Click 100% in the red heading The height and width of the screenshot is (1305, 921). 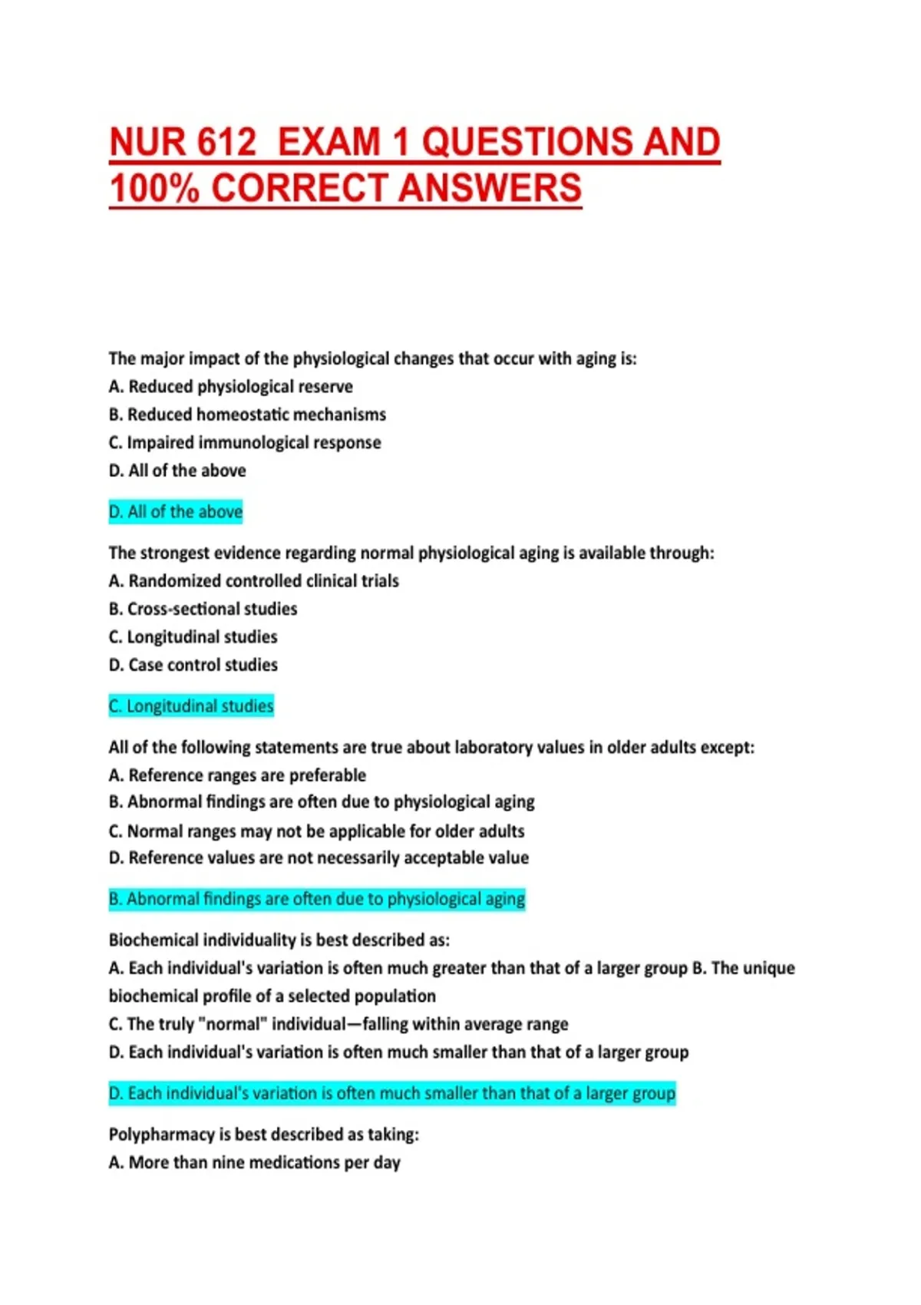tap(153, 189)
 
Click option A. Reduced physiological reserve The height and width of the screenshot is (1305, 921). tap(231, 387)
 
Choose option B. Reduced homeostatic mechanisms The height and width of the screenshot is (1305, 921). tap(247, 415)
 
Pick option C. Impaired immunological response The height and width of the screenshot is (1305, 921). tap(245, 443)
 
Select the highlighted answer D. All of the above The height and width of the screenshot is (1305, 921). tap(176, 512)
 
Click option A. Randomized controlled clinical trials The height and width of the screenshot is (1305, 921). tap(254, 581)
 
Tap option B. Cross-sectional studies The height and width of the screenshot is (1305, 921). tap(203, 610)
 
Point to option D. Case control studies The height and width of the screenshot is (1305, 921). tap(193, 666)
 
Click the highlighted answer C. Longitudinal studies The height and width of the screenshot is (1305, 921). tap(191, 706)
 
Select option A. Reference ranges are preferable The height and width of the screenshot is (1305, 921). tap(237, 775)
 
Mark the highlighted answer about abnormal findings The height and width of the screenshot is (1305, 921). tap(317, 899)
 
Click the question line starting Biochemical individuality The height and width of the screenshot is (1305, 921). tap(279, 940)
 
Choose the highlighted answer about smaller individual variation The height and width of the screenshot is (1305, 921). tap(392, 1093)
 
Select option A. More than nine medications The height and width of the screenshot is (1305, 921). tap(255, 1163)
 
